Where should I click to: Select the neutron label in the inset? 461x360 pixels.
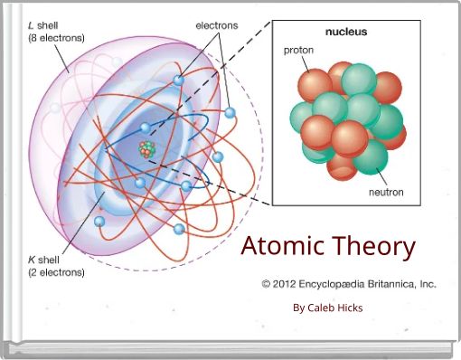(386, 192)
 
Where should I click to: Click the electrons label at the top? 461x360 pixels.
(218, 25)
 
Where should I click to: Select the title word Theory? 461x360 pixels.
(373, 246)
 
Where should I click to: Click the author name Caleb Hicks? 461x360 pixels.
(335, 308)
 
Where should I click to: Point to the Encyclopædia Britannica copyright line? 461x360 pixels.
(349, 283)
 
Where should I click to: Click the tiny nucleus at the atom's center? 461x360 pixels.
(146, 147)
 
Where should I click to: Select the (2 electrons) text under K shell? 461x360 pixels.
(57, 271)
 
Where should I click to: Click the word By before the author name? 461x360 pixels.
(299, 308)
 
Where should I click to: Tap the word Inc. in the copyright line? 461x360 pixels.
(426, 283)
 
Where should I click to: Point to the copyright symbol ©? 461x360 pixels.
(267, 283)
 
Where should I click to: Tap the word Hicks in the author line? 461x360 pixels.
(349, 308)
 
